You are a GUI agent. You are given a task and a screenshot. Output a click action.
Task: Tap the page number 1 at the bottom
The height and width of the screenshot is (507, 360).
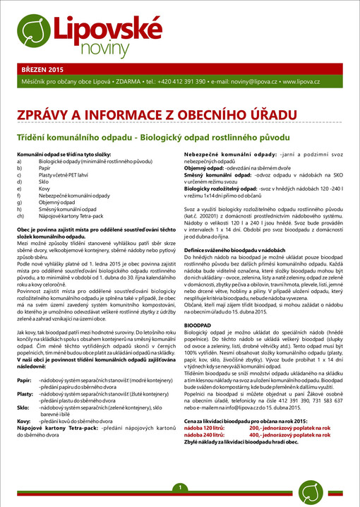pos(180,489)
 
